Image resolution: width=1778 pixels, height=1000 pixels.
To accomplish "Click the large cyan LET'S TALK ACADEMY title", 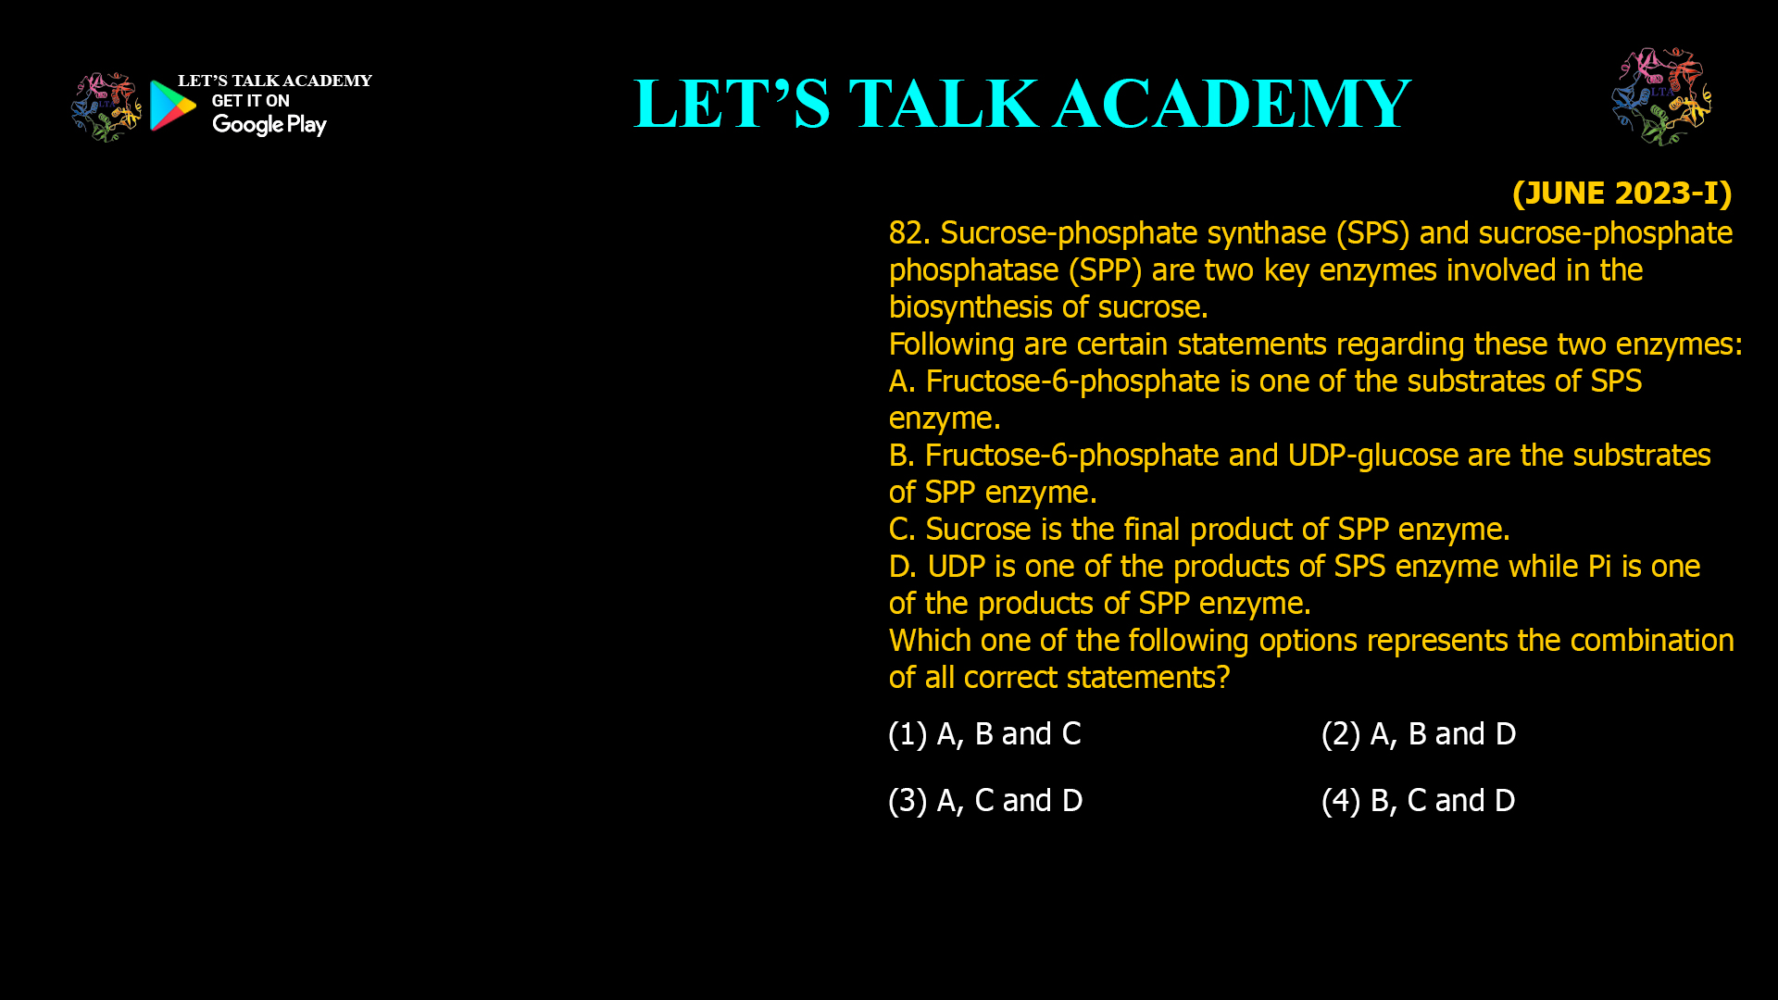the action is pyautogui.click(x=1022, y=103).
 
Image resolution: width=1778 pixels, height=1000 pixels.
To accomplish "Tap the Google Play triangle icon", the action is pyautogui.click(x=173, y=106).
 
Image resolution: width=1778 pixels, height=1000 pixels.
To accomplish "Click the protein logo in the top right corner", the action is pyautogui.click(x=1661, y=96).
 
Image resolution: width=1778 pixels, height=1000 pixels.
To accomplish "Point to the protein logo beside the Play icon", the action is pyautogui.click(x=106, y=107).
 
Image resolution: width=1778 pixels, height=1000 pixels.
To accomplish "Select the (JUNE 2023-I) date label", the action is pyautogui.click(x=1621, y=193).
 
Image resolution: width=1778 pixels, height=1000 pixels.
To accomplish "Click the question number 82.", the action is pyautogui.click(x=909, y=233).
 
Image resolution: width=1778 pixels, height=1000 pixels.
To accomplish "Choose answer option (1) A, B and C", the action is pyautogui.click(x=984, y=734).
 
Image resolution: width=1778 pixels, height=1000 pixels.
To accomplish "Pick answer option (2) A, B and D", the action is pyautogui.click(x=1419, y=734).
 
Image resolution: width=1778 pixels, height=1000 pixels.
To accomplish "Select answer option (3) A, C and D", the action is pyautogui.click(x=985, y=801).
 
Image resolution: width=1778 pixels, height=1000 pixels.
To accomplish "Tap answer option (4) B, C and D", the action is pyautogui.click(x=1419, y=801).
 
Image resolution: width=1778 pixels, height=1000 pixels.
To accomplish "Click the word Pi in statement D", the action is pyautogui.click(x=1599, y=567).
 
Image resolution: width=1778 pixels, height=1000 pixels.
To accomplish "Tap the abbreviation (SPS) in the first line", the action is pyautogui.click(x=1372, y=233).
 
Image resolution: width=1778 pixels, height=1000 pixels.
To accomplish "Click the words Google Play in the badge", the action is pyautogui.click(x=269, y=125).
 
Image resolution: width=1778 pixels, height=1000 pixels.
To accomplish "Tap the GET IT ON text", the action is pyautogui.click(x=251, y=101).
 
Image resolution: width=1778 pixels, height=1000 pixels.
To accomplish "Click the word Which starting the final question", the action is pyautogui.click(x=930, y=641).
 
